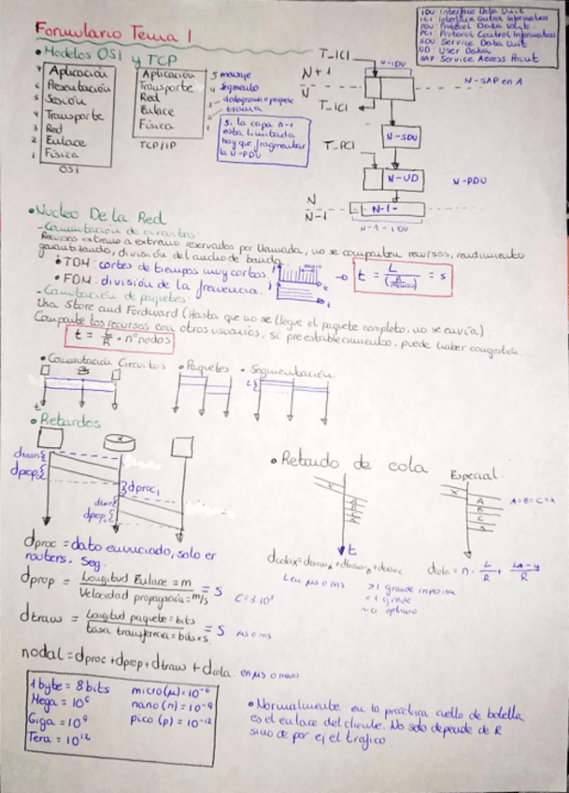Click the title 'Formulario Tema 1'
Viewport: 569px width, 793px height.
click(x=113, y=34)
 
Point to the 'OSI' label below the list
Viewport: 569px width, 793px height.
click(x=68, y=170)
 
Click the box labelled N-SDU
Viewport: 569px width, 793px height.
click(x=400, y=137)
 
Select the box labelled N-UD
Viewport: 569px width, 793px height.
click(x=401, y=178)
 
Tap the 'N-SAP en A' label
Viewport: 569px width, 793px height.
click(x=494, y=81)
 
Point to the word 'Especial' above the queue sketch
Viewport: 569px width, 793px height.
click(x=472, y=474)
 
